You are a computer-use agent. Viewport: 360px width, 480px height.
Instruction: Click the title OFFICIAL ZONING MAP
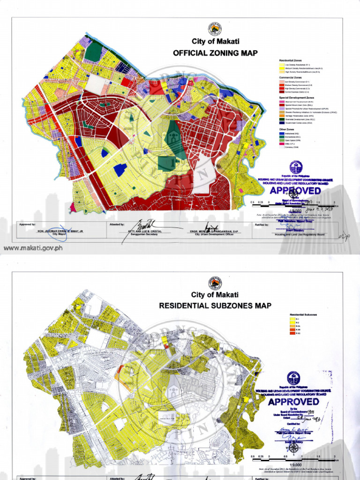[x=215, y=53]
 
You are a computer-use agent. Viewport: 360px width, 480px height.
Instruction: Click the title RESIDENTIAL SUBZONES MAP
[x=215, y=306]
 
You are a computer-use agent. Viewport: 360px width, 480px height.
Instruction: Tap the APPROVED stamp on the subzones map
[x=294, y=402]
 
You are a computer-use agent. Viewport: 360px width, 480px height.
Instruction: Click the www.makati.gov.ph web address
[x=32, y=248]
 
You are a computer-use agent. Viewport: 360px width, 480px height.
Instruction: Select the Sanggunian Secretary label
[x=142, y=234]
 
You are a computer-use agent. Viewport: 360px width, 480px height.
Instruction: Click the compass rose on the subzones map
[x=294, y=447]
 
